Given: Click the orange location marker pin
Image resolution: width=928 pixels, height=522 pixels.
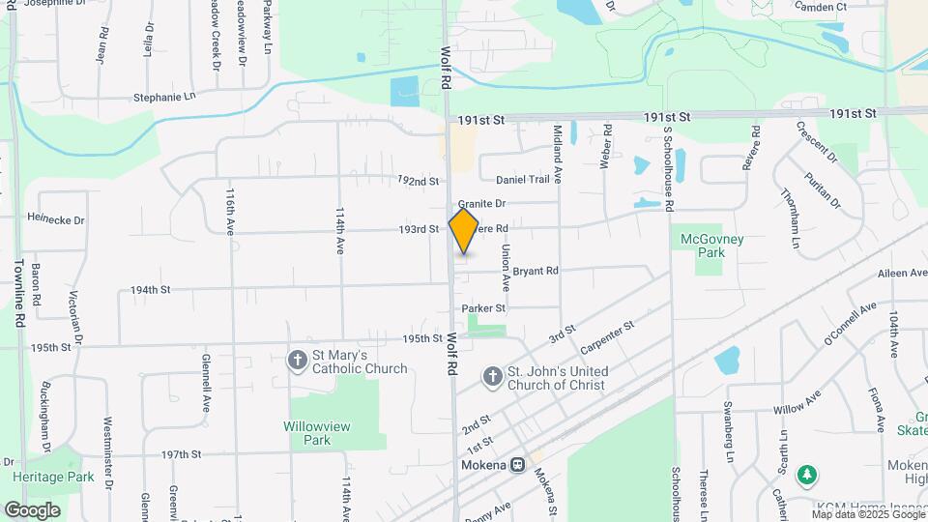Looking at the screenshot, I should click(464, 230).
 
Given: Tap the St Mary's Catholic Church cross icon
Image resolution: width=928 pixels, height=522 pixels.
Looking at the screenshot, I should click(297, 361).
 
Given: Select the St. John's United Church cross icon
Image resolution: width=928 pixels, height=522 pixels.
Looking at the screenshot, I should click(492, 377).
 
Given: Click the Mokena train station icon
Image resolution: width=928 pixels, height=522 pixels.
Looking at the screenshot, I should click(518, 465).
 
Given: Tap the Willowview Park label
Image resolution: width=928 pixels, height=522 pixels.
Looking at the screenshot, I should click(317, 433).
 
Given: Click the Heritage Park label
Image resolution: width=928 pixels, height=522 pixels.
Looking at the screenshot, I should click(53, 477).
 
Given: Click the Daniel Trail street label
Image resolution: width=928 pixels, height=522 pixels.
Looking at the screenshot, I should click(523, 180).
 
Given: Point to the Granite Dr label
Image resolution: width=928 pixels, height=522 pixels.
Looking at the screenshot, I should click(482, 204).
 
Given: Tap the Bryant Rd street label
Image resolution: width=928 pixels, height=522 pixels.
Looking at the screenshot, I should click(536, 272).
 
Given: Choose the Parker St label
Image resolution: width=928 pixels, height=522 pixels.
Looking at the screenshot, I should click(483, 308).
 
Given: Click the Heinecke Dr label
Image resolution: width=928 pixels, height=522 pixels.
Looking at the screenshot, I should click(56, 219).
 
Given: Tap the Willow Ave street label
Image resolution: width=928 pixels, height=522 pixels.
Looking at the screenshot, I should click(797, 402).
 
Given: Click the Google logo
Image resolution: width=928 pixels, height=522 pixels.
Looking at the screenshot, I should click(32, 509).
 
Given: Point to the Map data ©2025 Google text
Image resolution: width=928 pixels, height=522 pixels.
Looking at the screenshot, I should click(867, 514).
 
